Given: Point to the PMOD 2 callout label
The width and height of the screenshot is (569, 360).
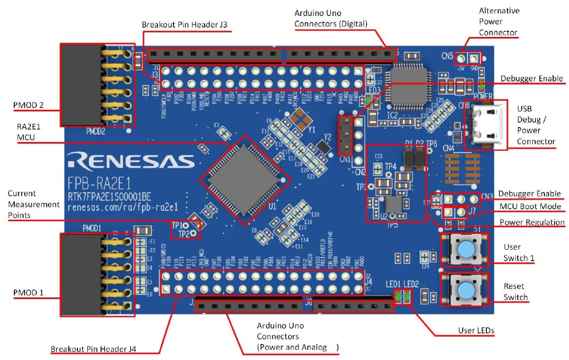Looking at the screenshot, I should (29, 106).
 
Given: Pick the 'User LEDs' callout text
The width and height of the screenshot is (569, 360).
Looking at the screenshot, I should (476, 330).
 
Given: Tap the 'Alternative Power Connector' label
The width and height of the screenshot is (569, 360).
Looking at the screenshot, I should (498, 22).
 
